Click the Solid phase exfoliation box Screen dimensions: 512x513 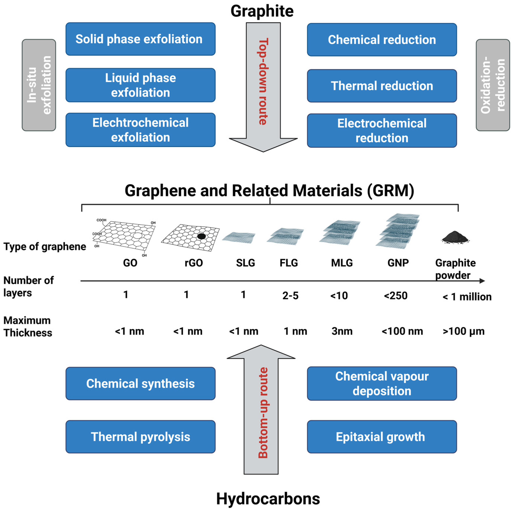(x=140, y=39)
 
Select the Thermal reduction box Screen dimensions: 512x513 (x=382, y=86)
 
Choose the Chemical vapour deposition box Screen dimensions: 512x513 (x=382, y=383)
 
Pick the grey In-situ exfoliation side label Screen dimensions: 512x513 (x=39, y=85)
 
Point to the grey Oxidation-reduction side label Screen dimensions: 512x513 (x=493, y=85)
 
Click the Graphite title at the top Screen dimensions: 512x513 (x=262, y=11)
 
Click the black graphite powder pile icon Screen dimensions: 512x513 (x=455, y=236)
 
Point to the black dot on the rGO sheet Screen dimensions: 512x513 (x=201, y=236)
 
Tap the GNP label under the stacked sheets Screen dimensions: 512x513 (x=398, y=263)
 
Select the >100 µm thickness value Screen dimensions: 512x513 (x=463, y=331)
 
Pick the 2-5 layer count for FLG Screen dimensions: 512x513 (x=290, y=295)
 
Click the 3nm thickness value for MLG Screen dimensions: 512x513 (x=342, y=331)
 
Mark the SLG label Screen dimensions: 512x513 (x=245, y=263)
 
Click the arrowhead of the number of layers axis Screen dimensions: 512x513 (x=482, y=281)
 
